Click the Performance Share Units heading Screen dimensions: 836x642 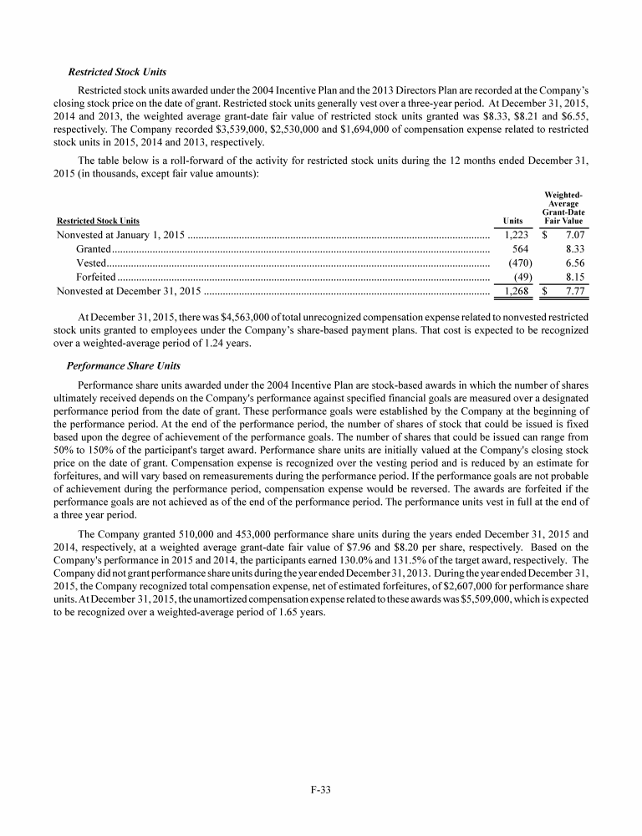point(120,366)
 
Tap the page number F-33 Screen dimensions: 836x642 point(321,788)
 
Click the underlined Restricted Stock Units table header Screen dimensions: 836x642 point(98,222)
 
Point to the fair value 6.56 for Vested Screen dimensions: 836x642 point(573,263)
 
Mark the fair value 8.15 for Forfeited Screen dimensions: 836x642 point(573,277)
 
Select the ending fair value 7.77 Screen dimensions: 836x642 point(573,291)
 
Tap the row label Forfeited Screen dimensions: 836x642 point(95,277)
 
